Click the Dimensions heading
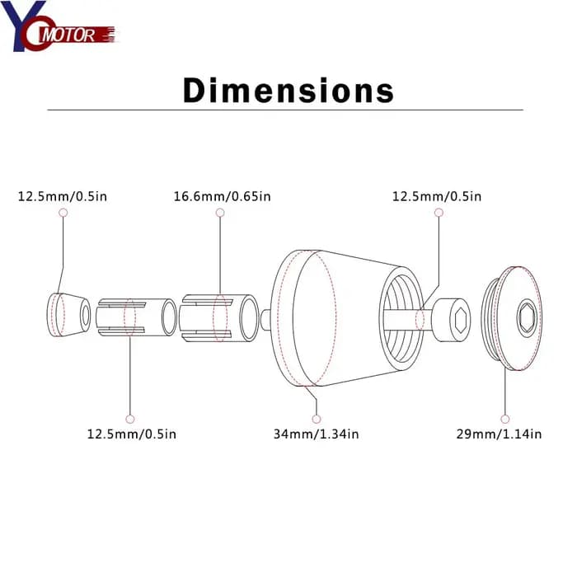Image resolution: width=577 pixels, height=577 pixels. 288,90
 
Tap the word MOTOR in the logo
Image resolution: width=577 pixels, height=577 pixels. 68,35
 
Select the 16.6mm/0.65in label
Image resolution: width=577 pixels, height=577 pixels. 223,196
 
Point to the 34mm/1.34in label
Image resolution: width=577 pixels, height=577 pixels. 316,434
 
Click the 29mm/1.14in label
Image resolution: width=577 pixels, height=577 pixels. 499,434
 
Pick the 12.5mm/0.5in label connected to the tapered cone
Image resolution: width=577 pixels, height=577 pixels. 63,196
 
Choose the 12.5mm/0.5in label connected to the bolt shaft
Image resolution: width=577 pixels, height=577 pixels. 437,196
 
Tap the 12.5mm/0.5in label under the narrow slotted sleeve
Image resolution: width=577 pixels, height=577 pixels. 132,434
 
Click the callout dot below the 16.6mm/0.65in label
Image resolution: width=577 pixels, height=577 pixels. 220,213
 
